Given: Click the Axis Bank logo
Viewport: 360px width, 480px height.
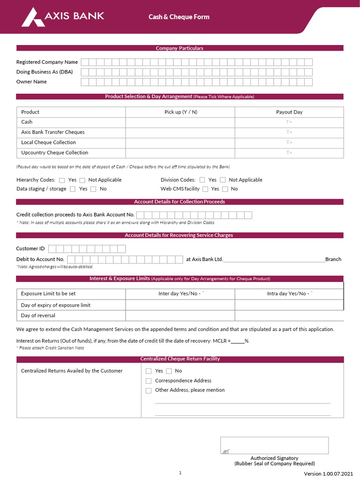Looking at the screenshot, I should (63, 17).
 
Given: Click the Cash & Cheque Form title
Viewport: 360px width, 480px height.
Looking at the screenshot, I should (179, 17).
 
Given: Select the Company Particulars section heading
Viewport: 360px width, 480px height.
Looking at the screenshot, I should (180, 48).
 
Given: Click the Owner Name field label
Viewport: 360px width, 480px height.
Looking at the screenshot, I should (31, 82).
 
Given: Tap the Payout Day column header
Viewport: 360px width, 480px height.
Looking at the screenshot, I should (289, 112).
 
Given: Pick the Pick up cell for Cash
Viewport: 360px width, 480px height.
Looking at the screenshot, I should (180, 122).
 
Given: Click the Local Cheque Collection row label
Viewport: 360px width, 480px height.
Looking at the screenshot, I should (48, 142).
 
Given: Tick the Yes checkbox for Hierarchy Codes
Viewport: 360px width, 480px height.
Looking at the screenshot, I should (62, 180).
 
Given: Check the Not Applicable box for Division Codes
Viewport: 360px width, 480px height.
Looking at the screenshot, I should (223, 180).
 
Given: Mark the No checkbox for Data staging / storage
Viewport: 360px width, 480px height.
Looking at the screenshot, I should (93, 189).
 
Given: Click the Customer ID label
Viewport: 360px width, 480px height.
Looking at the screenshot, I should (30, 249).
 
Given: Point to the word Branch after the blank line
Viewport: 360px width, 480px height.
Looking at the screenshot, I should (333, 259).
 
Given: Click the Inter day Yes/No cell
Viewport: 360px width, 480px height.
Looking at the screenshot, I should (180, 294).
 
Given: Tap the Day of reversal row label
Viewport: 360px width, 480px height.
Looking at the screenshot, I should (38, 315).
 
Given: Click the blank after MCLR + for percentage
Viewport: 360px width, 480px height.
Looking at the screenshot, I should (237, 341).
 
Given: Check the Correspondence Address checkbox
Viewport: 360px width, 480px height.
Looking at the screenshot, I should (149, 381).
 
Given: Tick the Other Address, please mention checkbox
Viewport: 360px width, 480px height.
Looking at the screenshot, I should (149, 390).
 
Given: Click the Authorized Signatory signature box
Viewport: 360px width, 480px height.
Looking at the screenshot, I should (274, 445).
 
